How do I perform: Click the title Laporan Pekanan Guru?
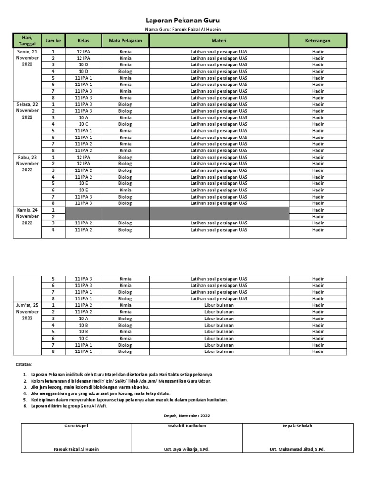pyautogui.click(x=183, y=21)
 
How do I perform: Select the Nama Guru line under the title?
pyautogui.click(x=183, y=30)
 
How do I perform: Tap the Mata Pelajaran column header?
pyautogui.click(x=125, y=41)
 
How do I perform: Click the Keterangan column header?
pyautogui.click(x=317, y=41)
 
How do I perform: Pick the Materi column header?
pyautogui.click(x=219, y=41)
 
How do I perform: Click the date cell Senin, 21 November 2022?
pyautogui.click(x=27, y=58)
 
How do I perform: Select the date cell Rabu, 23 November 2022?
pyautogui.click(x=27, y=163)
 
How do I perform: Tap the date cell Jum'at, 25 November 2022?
pyautogui.click(x=27, y=311)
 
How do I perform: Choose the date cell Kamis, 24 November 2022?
pyautogui.click(x=27, y=216)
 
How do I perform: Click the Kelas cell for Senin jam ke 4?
pyautogui.click(x=83, y=71)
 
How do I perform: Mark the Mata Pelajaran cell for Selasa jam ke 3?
pyautogui.click(x=125, y=117)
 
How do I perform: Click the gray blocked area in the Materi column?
pyautogui.click(x=219, y=213)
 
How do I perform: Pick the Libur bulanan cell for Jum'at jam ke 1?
pyautogui.click(x=219, y=305)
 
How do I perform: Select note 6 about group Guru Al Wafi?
pyautogui.click(x=69, y=406)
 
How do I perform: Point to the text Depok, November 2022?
pyautogui.click(x=183, y=415)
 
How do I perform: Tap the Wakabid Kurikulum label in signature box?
pyautogui.click(x=186, y=426)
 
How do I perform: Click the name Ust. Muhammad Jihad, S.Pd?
pyautogui.click(x=297, y=449)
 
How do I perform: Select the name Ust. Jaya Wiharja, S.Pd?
pyautogui.click(x=186, y=449)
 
